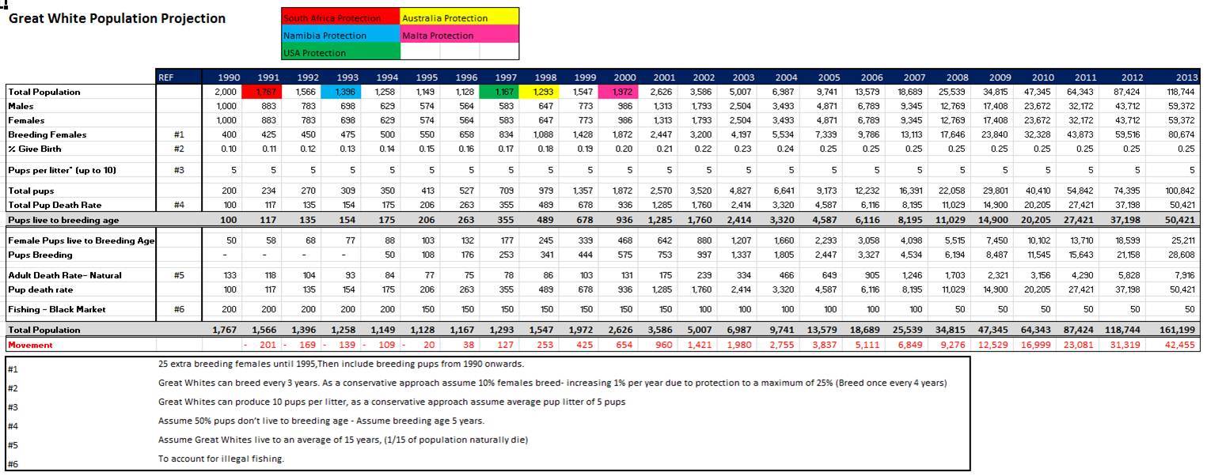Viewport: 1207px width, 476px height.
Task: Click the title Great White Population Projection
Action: (117, 18)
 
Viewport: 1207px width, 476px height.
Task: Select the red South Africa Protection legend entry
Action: (340, 17)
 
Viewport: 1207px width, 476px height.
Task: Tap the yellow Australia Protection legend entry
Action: (459, 17)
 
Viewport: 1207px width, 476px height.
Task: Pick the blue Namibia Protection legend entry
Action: (340, 35)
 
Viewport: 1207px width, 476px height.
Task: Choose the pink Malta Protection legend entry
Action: (459, 35)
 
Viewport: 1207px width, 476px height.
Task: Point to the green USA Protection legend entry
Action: (340, 52)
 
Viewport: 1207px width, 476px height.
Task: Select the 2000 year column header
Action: (624, 77)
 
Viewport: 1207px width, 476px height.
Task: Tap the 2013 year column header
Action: (1186, 77)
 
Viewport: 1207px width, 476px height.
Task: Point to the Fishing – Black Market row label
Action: (56, 309)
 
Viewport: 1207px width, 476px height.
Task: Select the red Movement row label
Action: (30, 345)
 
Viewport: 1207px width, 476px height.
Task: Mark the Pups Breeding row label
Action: (40, 255)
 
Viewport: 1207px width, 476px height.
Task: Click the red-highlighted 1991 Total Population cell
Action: (268, 92)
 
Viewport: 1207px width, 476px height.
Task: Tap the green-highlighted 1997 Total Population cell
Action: (505, 92)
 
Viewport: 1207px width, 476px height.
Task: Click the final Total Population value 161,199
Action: (1179, 330)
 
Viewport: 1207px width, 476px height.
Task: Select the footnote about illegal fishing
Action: (221, 459)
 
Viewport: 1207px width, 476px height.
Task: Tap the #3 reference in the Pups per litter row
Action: (179, 169)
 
